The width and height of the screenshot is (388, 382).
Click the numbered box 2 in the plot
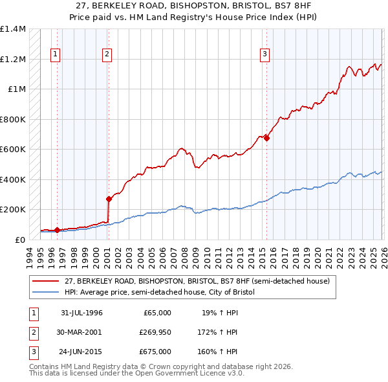point(107,54)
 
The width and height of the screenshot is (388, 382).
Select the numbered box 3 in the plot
point(264,54)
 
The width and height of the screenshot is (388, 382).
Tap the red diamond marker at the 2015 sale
point(266,138)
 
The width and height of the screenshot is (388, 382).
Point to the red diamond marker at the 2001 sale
point(109,199)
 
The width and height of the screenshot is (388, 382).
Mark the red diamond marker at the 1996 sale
point(57,230)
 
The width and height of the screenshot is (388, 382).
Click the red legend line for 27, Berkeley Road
point(47,281)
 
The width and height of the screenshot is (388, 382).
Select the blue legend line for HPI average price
point(47,293)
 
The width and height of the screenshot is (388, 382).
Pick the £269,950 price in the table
point(155,331)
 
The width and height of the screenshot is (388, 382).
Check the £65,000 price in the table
point(157,313)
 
